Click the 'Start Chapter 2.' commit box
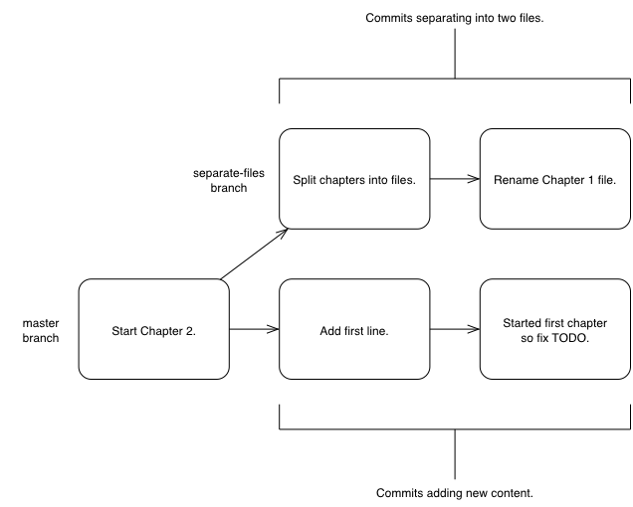154,329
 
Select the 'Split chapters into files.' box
354,179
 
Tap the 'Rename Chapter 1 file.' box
555,179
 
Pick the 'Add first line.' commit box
354,329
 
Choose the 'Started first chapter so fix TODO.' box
555,329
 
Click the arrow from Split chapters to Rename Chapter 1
455,179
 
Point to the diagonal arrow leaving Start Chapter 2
255,253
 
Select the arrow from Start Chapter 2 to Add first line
255,329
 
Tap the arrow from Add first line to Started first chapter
455,329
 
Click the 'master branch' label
41,330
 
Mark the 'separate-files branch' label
229,180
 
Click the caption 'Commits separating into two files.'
455,18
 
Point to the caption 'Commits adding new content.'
455,493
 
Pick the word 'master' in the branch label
41,323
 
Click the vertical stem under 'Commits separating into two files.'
455,54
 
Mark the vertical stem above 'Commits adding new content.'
455,454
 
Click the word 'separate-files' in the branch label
229,173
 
